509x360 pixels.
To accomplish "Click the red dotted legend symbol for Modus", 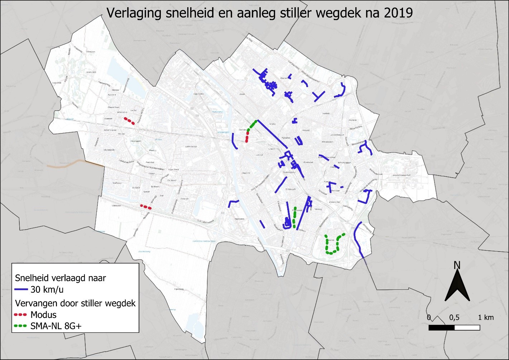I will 21,315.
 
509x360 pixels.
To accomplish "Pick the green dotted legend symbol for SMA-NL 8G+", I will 21,326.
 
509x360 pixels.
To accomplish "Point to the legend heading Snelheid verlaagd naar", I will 60,278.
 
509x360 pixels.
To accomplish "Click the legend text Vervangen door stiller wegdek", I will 75,303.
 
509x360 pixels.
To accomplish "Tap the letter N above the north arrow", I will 457,265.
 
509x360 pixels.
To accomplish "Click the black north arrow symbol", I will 457,287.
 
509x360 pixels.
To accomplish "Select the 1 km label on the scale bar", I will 486,317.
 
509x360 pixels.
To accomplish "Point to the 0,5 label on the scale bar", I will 454,317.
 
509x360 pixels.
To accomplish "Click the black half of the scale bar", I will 442,327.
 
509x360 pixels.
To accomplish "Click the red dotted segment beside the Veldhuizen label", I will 145,207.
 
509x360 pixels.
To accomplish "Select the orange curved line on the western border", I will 68,164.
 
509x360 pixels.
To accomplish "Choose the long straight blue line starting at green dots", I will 272,134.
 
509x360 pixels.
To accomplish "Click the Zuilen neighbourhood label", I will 242,94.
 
